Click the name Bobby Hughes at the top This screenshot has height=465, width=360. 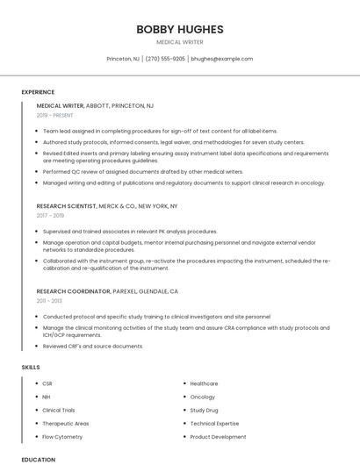179,29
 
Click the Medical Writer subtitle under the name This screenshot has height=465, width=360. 179,42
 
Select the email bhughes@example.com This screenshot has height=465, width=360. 221,59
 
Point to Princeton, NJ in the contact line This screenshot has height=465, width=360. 123,59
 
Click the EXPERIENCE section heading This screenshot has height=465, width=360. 38,92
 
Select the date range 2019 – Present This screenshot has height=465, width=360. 55,115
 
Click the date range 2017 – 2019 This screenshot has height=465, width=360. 50,215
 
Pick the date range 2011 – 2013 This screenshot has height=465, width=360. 49,300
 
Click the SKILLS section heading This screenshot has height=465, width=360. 31,367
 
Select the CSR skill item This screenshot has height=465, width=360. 47,383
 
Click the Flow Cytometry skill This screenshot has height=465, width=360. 62,436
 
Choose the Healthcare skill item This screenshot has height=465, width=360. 204,383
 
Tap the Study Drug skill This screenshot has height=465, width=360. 204,410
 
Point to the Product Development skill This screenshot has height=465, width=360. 218,436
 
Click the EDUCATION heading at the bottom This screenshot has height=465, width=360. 38,459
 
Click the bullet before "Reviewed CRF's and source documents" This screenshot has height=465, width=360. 37,346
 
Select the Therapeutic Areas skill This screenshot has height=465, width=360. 65,423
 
